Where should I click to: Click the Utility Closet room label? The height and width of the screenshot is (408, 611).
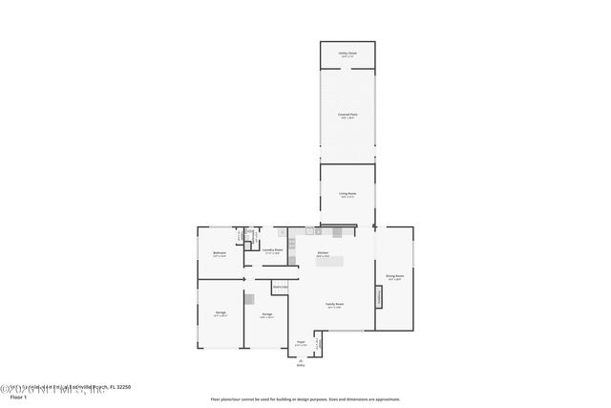pyautogui.click(x=348, y=54)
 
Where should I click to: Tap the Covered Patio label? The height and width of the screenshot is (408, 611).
pyautogui.click(x=348, y=116)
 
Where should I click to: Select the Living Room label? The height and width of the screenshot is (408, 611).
pyautogui.click(x=348, y=195)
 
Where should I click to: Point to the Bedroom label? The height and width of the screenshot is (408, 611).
pyautogui.click(x=219, y=254)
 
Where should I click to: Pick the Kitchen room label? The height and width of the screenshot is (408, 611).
pyautogui.click(x=323, y=255)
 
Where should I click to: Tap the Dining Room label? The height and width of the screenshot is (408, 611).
pyautogui.click(x=394, y=277)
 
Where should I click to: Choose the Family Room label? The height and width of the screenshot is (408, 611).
pyautogui.click(x=334, y=306)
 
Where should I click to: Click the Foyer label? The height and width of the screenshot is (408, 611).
pyautogui.click(x=300, y=343)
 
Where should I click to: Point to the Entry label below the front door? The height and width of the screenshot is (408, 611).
pyautogui.click(x=300, y=364)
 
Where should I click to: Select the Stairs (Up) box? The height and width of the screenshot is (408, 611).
pyautogui.click(x=281, y=288)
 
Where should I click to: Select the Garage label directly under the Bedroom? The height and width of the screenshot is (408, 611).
pyautogui.click(x=221, y=314)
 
